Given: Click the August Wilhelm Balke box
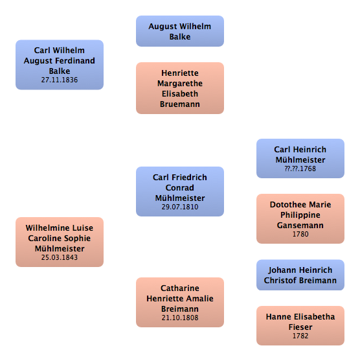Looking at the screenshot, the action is (180, 31).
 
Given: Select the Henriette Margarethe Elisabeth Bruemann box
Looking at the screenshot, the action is (180, 88).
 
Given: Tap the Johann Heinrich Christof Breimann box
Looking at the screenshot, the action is (300, 275).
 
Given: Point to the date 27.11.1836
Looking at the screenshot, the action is (60, 80).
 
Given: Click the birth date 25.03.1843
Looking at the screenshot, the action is (60, 257).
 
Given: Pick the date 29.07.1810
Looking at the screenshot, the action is (180, 207).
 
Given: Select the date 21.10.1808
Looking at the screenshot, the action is (180, 318).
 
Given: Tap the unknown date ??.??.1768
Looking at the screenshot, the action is (300, 169).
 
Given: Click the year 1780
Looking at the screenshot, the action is (300, 234).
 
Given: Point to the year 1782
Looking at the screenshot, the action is (300, 336).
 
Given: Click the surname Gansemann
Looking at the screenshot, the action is (300, 225).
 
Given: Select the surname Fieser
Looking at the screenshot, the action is (300, 327).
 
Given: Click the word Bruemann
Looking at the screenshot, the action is (180, 104).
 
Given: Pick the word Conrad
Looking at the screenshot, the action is (180, 188).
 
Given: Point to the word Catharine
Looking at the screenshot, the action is (180, 288).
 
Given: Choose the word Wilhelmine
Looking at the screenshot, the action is (45, 228).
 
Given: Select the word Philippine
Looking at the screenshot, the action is (300, 215).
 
